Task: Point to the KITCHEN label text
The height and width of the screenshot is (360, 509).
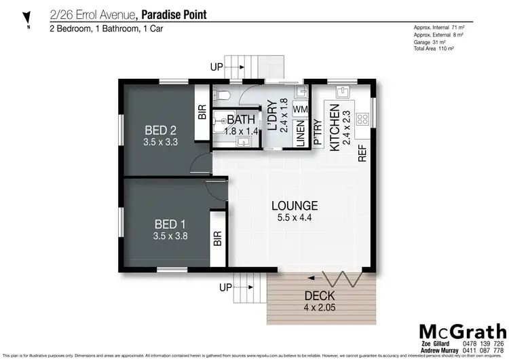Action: click(x=334, y=126)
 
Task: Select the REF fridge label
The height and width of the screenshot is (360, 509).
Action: click(x=362, y=152)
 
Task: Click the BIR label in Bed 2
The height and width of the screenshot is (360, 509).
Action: click(x=202, y=113)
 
